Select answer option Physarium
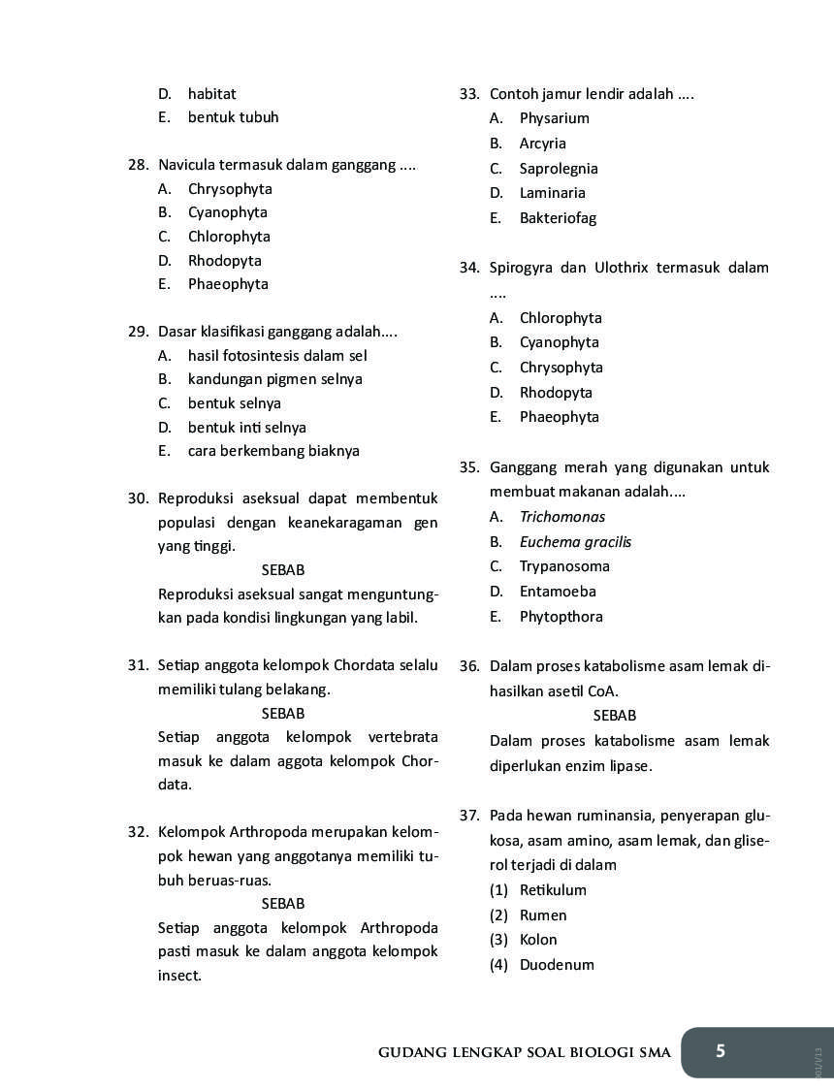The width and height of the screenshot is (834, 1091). [x=554, y=118]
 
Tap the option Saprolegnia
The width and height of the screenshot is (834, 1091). [x=559, y=169]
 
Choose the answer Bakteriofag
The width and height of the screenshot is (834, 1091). [x=558, y=218]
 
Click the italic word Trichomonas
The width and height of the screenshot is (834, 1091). [x=561, y=517]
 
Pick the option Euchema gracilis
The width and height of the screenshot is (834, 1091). [x=575, y=542]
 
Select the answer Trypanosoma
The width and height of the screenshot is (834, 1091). [x=564, y=566]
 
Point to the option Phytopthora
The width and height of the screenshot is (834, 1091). [x=561, y=617]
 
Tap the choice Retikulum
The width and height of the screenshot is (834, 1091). [x=553, y=890]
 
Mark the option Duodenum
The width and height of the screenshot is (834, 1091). [x=557, y=965]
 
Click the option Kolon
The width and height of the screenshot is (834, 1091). [x=538, y=940]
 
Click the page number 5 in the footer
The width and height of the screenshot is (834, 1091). [x=720, y=1051]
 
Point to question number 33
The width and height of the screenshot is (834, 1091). [x=469, y=94]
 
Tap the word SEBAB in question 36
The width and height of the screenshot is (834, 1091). [x=614, y=716]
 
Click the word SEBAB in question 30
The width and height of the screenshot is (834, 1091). [x=282, y=570]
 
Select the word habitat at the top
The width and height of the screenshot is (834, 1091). [x=211, y=94]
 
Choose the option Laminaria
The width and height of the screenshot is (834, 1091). [x=552, y=193]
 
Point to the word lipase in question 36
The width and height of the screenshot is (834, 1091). [x=628, y=766]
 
